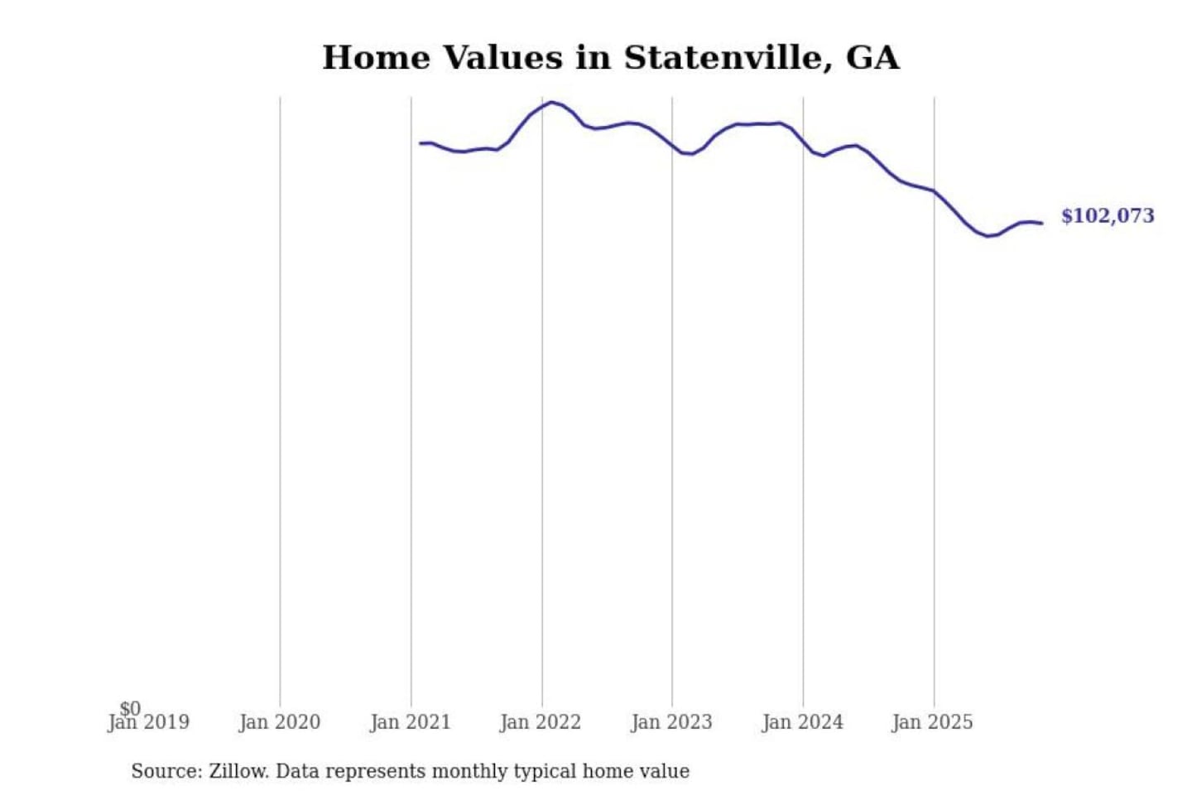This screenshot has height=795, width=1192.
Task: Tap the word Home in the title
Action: tap(376, 58)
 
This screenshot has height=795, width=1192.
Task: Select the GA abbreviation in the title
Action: tap(872, 58)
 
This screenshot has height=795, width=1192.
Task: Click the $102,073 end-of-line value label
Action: tap(1107, 216)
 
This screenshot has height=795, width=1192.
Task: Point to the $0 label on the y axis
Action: tap(130, 708)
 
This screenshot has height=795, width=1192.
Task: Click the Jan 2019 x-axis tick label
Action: tap(149, 723)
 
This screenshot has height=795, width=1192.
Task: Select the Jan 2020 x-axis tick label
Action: tap(279, 723)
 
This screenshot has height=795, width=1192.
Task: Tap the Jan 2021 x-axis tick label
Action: tap(410, 723)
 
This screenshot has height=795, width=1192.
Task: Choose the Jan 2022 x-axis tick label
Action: tap(541, 723)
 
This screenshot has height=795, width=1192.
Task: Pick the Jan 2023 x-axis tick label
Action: tap(671, 723)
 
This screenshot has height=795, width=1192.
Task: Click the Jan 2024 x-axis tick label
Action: tap(802, 723)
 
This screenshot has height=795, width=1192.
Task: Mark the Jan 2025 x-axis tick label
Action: tap(932, 723)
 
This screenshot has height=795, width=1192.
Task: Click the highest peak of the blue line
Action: tap(551, 102)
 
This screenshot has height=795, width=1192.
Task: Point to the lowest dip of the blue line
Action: tap(988, 236)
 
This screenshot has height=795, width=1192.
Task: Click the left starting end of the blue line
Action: tap(421, 143)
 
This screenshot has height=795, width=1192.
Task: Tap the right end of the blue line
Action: tap(1041, 224)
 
